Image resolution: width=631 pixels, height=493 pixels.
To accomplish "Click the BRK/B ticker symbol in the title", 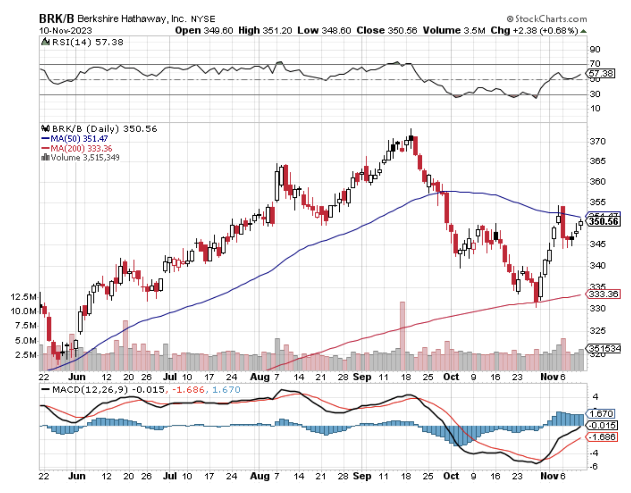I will click(56, 19).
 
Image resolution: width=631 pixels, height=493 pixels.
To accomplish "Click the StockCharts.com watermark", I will click(547, 19).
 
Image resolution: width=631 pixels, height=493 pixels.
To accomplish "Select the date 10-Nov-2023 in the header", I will click(66, 31).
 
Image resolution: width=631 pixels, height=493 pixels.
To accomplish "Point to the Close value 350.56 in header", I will click(386, 31).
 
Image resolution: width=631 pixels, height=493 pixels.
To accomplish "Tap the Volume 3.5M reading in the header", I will click(454, 31).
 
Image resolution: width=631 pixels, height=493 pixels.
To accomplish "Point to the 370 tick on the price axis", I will click(597, 142).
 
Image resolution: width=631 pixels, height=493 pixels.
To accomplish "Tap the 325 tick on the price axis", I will click(597, 331).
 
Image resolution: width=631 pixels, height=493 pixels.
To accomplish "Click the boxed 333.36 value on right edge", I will click(603, 294).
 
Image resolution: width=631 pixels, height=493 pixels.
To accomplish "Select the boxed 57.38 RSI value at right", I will click(601, 74).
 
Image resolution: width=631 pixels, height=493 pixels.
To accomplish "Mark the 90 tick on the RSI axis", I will click(595, 50).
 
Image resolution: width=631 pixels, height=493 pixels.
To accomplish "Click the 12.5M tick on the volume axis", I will click(23, 297).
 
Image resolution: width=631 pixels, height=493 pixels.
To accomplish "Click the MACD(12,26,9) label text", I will click(88, 390).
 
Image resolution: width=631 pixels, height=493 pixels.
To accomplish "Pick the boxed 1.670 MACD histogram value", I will click(601, 414).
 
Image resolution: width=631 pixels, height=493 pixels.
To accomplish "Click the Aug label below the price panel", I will click(260, 377).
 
